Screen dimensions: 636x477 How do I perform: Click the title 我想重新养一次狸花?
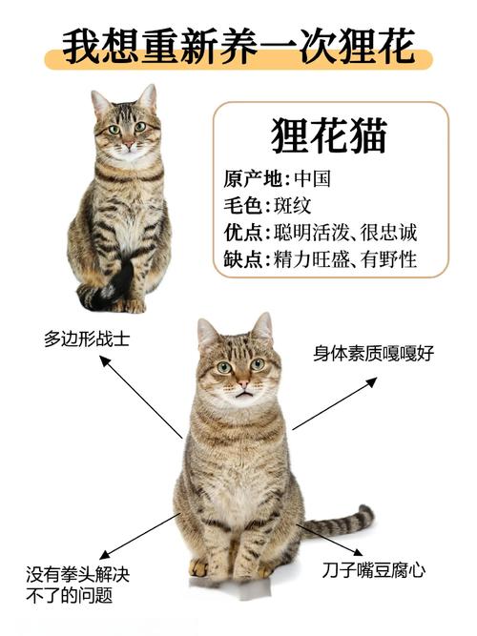click(x=238, y=45)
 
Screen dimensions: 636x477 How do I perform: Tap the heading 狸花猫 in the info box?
click(x=329, y=135)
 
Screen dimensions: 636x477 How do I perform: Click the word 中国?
click(x=313, y=179)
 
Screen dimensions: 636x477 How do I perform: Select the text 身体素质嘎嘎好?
click(x=374, y=354)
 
